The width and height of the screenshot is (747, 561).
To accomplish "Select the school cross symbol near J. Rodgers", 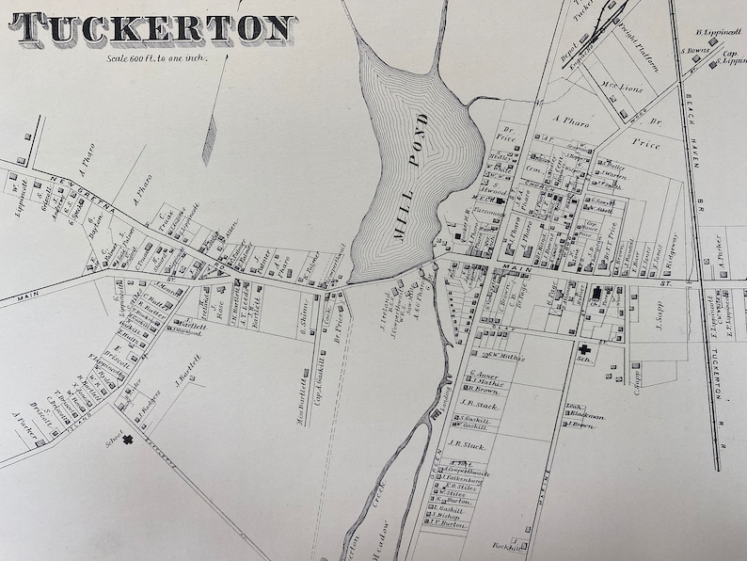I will coord(126,439).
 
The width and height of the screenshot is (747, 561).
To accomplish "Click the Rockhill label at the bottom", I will coord(507,546).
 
